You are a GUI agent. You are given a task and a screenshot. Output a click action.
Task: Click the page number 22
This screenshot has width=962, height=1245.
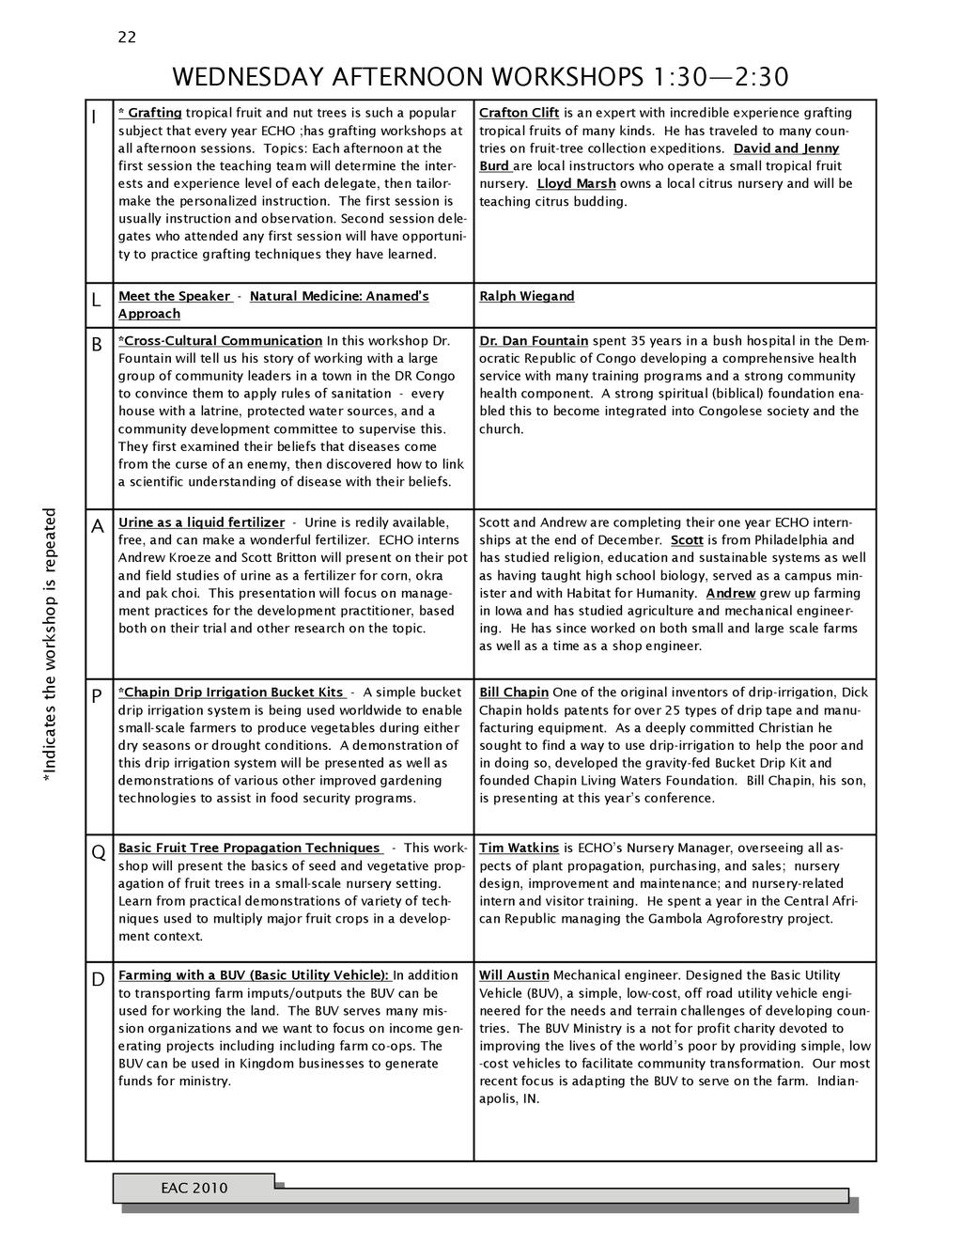tap(127, 37)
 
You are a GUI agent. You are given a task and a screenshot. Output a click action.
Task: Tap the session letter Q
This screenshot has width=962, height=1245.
tap(98, 853)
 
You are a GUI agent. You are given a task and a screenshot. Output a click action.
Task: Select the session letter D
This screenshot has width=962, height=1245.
tap(98, 980)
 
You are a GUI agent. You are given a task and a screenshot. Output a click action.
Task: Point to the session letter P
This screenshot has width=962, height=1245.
tap(97, 697)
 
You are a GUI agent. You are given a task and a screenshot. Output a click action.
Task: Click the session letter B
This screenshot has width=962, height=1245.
tap(97, 345)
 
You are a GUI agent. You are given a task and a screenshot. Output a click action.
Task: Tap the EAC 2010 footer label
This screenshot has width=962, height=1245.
tap(194, 1188)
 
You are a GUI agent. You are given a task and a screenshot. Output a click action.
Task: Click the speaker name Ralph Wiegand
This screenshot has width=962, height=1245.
tap(526, 296)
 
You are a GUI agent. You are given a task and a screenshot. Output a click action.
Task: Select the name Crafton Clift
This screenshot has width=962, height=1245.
tap(519, 113)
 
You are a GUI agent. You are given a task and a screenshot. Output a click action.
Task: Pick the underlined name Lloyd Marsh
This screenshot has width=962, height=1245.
tap(576, 183)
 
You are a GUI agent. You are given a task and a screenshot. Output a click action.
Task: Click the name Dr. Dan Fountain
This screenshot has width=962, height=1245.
tap(534, 340)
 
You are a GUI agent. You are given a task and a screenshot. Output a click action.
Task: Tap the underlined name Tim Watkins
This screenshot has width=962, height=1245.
tap(519, 848)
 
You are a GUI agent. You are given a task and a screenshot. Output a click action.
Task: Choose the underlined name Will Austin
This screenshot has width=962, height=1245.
tap(514, 975)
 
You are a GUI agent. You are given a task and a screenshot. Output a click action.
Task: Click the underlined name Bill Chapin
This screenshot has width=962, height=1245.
tap(514, 693)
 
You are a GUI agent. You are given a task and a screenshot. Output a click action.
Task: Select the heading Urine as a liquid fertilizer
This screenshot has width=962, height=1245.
tap(201, 522)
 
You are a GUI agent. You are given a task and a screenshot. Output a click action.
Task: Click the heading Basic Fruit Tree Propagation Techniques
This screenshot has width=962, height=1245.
tap(249, 848)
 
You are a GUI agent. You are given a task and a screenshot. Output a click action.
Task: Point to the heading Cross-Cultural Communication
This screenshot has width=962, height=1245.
tap(223, 340)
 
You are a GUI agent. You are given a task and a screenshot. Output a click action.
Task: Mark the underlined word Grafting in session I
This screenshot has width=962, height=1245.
tap(155, 113)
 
